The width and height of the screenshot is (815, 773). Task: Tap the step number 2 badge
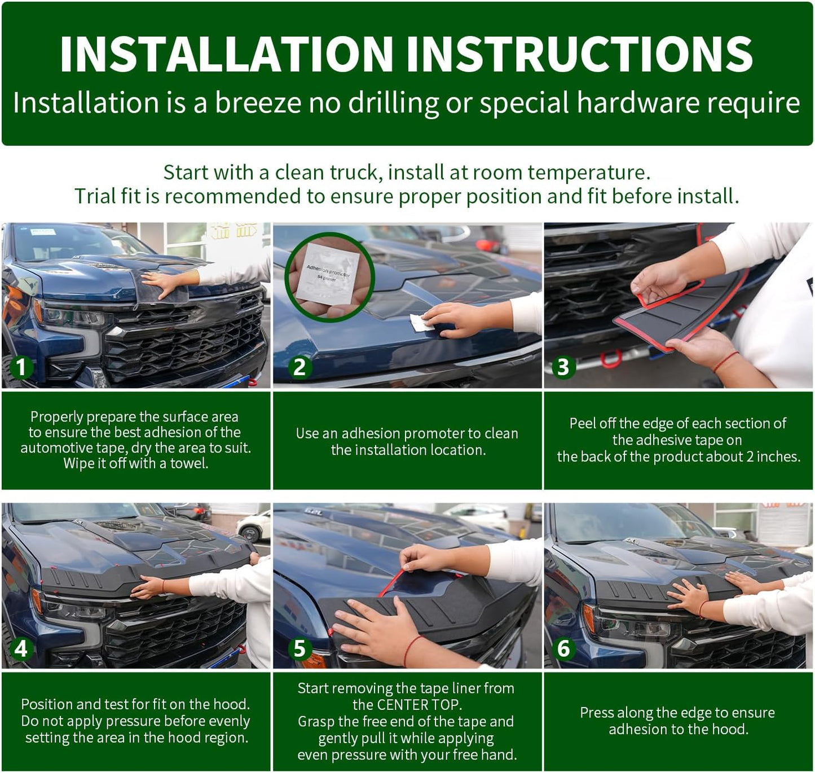click(299, 367)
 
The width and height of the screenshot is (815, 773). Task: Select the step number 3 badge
click(563, 367)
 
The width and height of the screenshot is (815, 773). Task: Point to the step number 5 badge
click(299, 648)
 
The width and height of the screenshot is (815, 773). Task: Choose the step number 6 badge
click(563, 648)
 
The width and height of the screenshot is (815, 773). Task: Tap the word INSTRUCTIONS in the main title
click(579, 54)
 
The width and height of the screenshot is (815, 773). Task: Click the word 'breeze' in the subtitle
click(258, 103)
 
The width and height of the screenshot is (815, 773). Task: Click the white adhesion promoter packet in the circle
click(328, 274)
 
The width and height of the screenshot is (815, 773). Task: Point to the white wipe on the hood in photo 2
click(421, 323)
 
